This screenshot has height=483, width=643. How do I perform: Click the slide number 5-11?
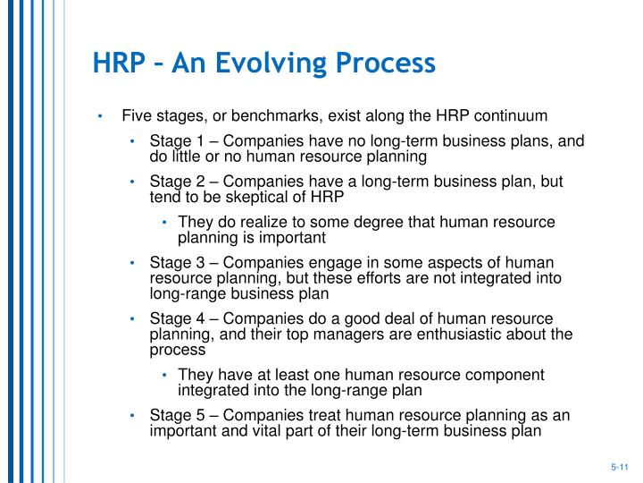(x=620, y=466)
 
